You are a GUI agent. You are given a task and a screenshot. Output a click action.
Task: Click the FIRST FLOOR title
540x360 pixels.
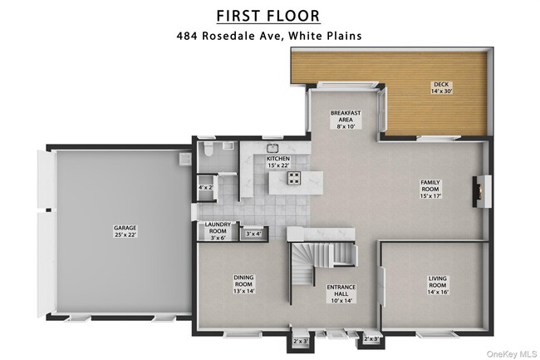(x=268, y=16)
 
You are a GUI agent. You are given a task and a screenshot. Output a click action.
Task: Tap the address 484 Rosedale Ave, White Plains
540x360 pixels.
(x=268, y=36)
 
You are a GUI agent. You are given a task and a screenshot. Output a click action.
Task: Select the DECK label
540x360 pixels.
(x=439, y=83)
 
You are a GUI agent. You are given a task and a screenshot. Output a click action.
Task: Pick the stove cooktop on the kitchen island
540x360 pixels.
(x=294, y=177)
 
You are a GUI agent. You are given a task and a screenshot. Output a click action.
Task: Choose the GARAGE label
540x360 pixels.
(x=125, y=227)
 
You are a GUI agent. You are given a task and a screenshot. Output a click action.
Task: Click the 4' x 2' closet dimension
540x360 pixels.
(x=205, y=188)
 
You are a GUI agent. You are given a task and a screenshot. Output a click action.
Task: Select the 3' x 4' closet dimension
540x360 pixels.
(x=253, y=234)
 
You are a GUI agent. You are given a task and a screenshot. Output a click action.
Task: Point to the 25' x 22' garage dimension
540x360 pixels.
(x=125, y=234)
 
